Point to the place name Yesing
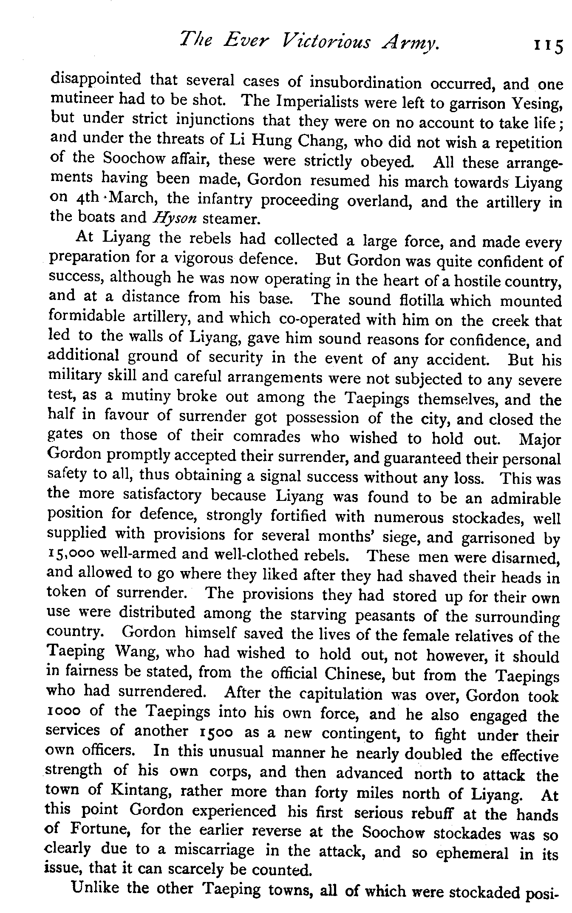coord(538,103)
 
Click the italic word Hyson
coord(175,219)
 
